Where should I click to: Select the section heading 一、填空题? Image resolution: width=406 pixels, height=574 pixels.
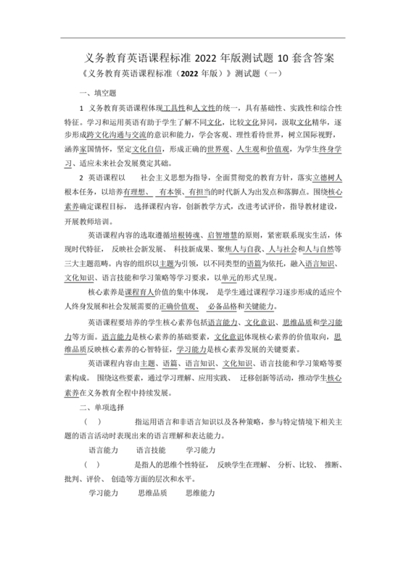pyautogui.click(x=98, y=93)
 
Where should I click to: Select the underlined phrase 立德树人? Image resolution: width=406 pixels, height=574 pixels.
pyautogui.click(x=328, y=178)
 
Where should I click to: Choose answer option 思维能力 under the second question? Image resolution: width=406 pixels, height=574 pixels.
pyautogui.click(x=200, y=493)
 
